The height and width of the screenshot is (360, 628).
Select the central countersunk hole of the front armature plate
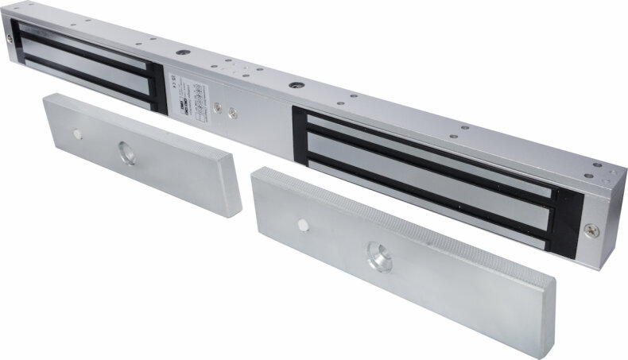coord(377,258)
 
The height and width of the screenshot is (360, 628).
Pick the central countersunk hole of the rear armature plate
coord(127,152)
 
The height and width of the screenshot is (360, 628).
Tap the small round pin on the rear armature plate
coord(79,132)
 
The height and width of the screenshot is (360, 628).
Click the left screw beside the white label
coord(218,105)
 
